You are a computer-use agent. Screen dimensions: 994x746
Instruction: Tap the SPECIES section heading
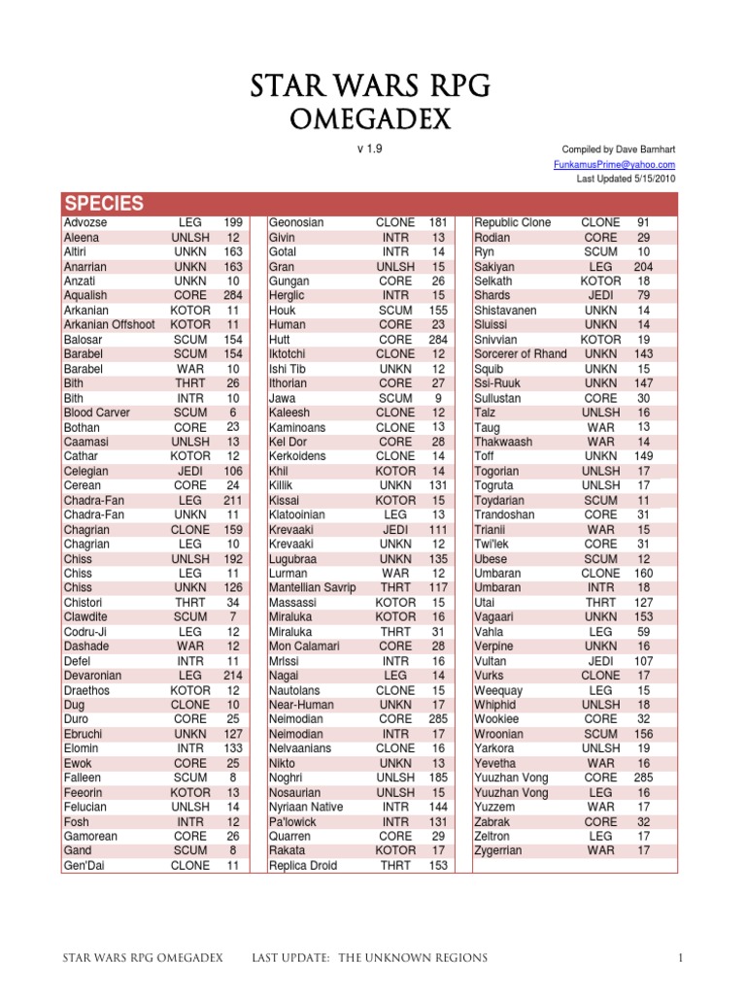pyautogui.click(x=103, y=204)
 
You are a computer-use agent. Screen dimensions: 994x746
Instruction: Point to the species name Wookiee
pyautogui.click(x=497, y=719)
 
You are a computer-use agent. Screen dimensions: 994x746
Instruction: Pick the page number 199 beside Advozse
pyautogui.click(x=233, y=222)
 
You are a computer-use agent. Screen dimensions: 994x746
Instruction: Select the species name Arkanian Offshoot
pyautogui.click(x=109, y=324)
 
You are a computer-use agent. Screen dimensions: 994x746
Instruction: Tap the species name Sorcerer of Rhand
pyautogui.click(x=520, y=353)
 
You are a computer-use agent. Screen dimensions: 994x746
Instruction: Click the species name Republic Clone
pyautogui.click(x=512, y=222)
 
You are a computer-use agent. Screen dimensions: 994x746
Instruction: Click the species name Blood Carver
pyautogui.click(x=96, y=413)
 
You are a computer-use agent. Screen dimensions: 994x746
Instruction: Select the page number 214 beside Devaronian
pyautogui.click(x=233, y=676)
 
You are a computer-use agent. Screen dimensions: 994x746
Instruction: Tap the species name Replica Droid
pyautogui.click(x=302, y=865)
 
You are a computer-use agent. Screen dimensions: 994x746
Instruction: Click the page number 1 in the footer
pyautogui.click(x=682, y=959)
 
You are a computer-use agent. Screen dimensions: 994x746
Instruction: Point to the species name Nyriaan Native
pyautogui.click(x=306, y=807)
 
